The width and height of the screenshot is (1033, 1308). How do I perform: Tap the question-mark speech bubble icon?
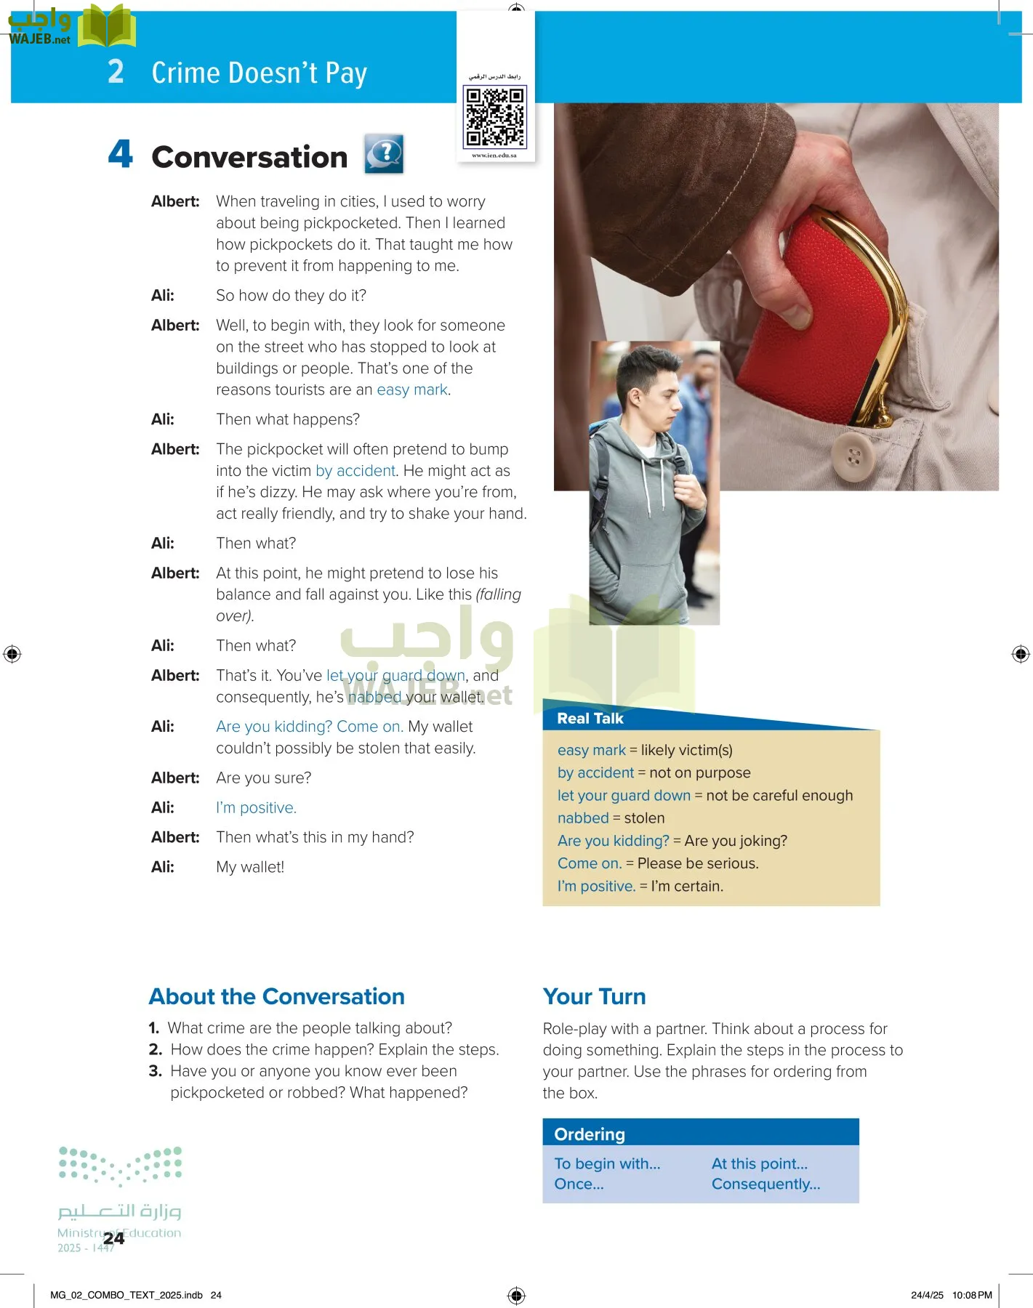[384, 154]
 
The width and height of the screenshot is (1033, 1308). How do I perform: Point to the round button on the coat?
[853, 457]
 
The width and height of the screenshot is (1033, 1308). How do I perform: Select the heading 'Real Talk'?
[590, 719]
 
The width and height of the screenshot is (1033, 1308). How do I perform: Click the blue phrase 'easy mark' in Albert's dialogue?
[411, 390]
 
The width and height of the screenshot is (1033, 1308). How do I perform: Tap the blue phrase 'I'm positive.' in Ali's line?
[256, 808]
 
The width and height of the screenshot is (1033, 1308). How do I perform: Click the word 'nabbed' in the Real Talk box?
[582, 818]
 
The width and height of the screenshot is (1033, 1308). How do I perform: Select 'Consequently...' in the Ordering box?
[765, 1184]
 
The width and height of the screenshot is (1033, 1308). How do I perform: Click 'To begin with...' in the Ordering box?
[607, 1164]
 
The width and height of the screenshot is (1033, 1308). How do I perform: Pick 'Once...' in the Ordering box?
[579, 1184]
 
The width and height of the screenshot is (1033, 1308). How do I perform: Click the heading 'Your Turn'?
[594, 996]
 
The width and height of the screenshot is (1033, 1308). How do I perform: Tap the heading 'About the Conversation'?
[276, 996]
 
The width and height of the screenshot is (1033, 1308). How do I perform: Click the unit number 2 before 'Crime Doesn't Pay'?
[116, 72]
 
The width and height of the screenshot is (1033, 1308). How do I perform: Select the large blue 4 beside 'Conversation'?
[121, 154]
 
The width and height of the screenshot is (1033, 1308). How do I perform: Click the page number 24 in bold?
[113, 1239]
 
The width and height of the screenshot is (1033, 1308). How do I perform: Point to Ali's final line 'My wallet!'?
[250, 867]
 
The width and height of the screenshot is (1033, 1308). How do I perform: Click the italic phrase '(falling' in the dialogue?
[498, 594]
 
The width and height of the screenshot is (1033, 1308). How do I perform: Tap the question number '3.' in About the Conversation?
[155, 1071]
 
